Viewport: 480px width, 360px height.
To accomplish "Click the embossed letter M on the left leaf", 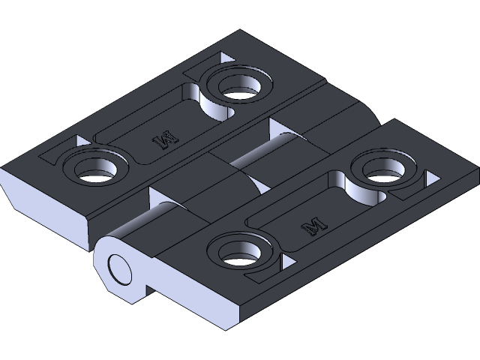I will (x=164, y=138).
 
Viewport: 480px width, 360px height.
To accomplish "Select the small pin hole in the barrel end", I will (x=118, y=268).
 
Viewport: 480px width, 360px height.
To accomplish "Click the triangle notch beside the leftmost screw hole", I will (x=79, y=141).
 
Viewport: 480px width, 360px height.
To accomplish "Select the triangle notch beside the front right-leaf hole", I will (x=285, y=262).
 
